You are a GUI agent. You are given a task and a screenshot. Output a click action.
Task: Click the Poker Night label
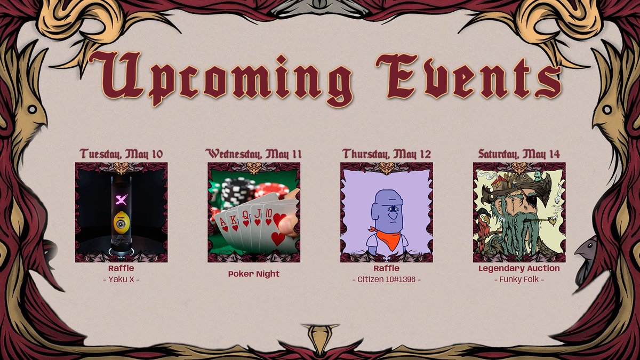(254, 274)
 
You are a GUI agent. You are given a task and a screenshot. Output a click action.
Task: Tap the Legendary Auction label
(519, 268)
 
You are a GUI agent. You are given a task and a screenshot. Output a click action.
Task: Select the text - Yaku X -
(121, 279)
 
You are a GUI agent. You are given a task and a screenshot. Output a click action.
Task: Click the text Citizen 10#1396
(386, 279)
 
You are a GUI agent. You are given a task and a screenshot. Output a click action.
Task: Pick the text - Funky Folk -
(519, 279)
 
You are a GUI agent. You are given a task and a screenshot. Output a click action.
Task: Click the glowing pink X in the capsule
(121, 201)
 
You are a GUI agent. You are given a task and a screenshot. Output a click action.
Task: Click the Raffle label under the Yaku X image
(121, 268)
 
